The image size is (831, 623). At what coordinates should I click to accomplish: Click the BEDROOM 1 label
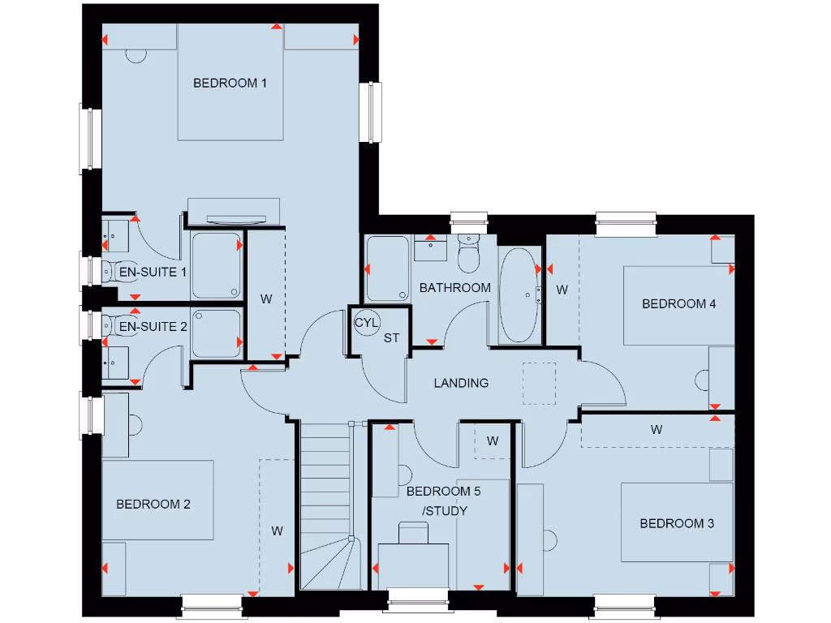pos(230,83)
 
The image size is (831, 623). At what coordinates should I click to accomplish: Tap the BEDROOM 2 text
pos(153,505)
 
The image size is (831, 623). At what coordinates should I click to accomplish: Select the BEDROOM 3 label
pos(677,523)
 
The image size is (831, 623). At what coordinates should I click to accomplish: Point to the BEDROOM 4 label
pos(678,304)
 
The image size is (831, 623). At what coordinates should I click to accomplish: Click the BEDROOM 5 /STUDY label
pos(437,501)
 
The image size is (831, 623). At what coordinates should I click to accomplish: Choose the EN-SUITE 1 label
pos(153,272)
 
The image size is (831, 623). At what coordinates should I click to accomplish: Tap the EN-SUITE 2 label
pos(153,326)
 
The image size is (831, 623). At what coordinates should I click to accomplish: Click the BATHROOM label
pos(454,287)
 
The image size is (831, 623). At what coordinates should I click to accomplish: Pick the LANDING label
pos(461,383)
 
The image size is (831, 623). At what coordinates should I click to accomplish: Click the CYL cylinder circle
pos(366,322)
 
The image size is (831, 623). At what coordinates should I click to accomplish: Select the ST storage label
pos(391,338)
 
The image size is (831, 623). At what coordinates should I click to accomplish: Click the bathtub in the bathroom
pos(519,295)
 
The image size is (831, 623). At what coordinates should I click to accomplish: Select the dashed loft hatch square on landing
pos(539,383)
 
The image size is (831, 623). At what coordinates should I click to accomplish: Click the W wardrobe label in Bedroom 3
pos(656,430)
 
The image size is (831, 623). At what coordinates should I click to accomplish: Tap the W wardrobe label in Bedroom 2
pos(277,531)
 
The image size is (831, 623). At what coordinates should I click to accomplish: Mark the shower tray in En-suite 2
pos(217,333)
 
